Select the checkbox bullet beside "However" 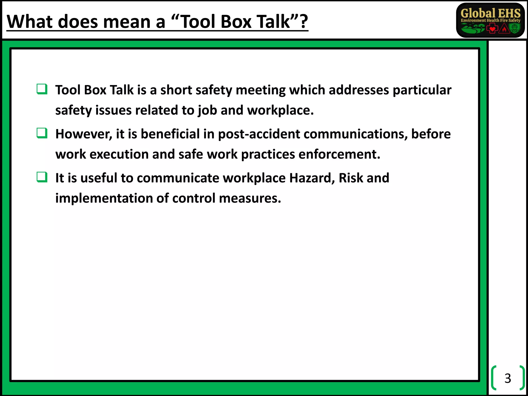[42, 133]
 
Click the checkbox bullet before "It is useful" [42, 177]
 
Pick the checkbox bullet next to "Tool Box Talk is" [42, 89]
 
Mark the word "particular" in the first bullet [422, 90]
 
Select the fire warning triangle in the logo [504, 29]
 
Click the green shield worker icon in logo [515, 28]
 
